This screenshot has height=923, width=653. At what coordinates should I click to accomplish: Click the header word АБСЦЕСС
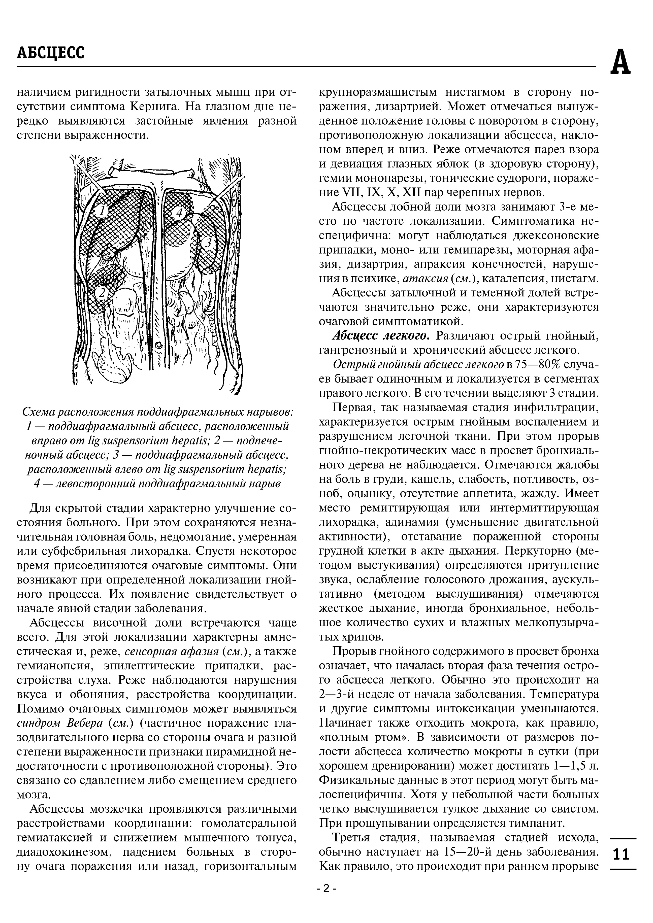51,53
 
